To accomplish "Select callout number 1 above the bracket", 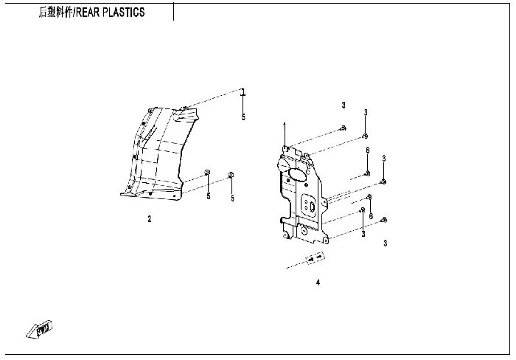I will [x=285, y=127].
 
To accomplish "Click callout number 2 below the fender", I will [x=149, y=219].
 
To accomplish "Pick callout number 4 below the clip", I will [x=318, y=282].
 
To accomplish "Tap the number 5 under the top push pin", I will [x=243, y=117].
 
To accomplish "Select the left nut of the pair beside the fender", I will [x=207, y=174].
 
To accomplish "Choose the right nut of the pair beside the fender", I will [x=231, y=175].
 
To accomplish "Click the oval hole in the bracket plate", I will [x=299, y=174].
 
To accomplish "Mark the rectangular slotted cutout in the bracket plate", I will [x=312, y=206].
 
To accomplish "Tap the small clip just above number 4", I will [x=315, y=258].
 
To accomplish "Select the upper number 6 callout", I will [x=367, y=150].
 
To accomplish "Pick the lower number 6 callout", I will [x=371, y=216].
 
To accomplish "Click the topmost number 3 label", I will [x=344, y=105].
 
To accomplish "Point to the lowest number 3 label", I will [x=385, y=243].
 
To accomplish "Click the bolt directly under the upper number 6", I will [x=367, y=174].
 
